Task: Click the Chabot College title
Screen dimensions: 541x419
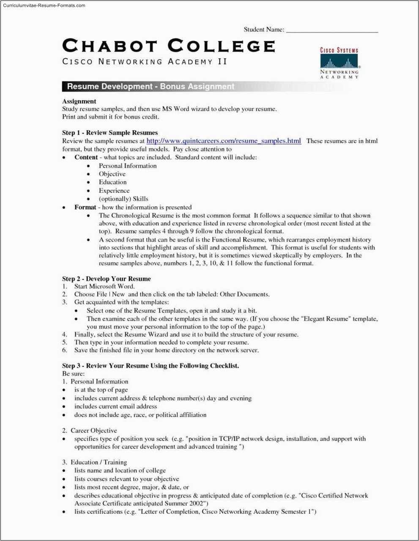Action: tap(168, 46)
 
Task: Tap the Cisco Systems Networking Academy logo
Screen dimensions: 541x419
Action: tap(339, 63)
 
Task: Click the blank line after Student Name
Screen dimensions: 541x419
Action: tap(332, 30)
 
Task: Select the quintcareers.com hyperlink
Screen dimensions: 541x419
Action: tap(224, 141)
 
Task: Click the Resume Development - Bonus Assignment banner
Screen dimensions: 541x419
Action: tap(151, 87)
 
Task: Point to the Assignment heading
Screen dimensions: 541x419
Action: tap(79, 101)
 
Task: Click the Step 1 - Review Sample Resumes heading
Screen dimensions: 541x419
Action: tap(110, 133)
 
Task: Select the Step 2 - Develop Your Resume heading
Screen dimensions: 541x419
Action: tap(107, 279)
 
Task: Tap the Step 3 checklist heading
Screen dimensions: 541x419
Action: tap(151, 365)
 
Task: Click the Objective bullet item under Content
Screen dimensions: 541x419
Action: tap(112, 174)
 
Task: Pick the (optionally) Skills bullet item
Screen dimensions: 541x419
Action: tap(123, 199)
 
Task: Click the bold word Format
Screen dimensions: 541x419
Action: tap(85, 207)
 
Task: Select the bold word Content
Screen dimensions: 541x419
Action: tap(86, 157)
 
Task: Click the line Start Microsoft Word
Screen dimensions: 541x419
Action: tap(104, 286)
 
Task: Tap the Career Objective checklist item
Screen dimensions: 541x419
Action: tap(93, 430)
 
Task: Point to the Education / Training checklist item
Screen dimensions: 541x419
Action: tap(99, 462)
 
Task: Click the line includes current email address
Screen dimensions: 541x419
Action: tap(115, 406)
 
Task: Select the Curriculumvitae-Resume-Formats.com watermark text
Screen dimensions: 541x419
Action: tap(44, 5)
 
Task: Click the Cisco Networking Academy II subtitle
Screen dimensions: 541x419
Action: tap(145, 62)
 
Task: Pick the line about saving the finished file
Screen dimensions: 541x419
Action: tap(166, 350)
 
